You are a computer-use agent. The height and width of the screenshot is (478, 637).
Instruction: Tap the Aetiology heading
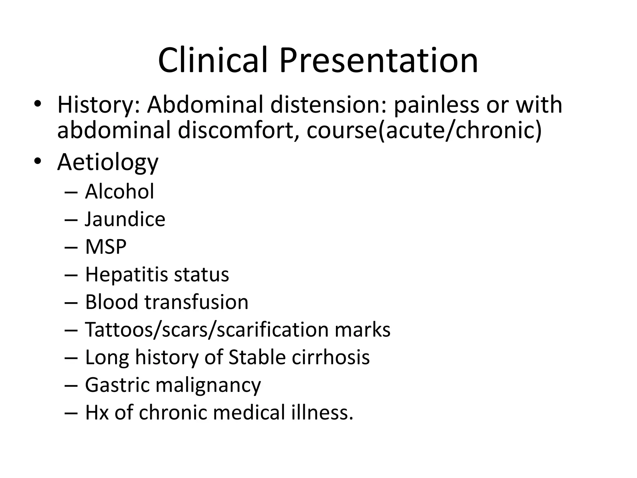108,162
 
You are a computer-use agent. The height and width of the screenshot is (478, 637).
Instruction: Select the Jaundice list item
125,219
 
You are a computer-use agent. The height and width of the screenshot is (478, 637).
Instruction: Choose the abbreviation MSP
106,247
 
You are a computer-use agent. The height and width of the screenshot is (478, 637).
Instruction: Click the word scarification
272,329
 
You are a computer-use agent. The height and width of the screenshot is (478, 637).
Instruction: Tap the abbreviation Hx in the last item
97,412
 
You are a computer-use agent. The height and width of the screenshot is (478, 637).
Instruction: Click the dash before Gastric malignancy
71,386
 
